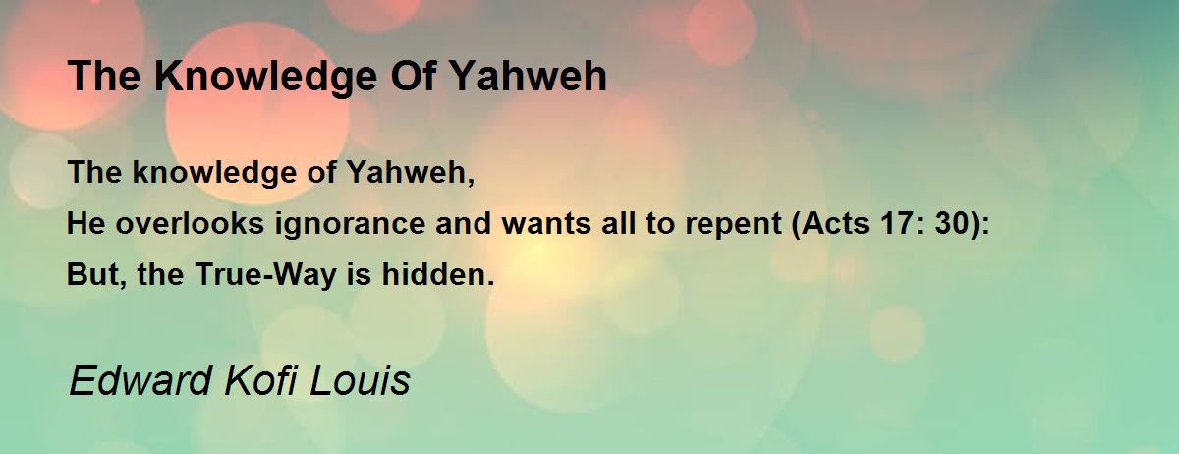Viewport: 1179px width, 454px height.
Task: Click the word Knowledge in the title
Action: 265,78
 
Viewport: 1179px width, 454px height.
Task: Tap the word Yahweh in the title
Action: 529,76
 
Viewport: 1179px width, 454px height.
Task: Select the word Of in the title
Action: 414,76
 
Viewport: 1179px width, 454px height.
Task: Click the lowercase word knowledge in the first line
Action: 215,173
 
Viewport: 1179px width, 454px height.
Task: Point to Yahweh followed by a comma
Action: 411,172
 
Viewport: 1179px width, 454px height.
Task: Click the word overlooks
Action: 190,223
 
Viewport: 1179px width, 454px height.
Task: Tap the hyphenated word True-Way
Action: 265,275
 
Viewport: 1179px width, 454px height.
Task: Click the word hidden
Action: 438,274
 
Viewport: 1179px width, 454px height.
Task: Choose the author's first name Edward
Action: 140,380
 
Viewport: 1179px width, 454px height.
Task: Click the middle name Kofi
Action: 260,380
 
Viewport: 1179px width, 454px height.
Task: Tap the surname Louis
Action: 360,380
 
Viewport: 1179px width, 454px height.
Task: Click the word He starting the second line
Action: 85,223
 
